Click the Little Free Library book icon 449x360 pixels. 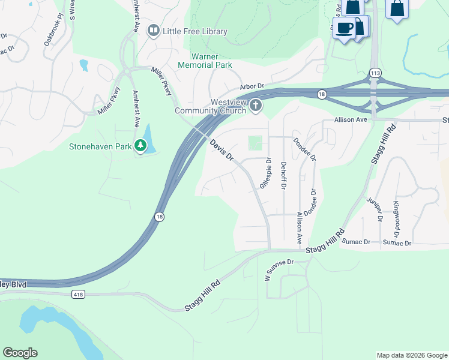[154, 31]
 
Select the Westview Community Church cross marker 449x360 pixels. [256, 106]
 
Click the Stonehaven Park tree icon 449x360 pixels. [140, 146]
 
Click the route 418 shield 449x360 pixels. [77, 294]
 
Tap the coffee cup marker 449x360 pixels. [345, 28]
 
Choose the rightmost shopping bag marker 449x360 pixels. [397, 8]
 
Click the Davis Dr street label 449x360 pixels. [221, 150]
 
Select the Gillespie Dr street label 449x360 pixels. [265, 174]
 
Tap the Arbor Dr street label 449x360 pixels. [252, 87]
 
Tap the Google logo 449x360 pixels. [20, 353]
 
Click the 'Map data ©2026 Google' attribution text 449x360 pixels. [412, 355]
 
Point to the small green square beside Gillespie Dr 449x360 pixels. [256, 143]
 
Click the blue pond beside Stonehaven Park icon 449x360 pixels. [149, 139]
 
